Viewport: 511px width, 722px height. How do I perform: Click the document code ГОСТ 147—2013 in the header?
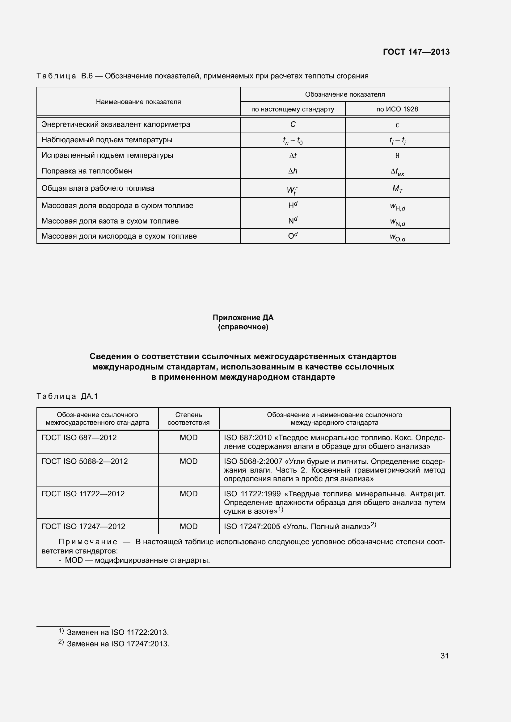(416, 52)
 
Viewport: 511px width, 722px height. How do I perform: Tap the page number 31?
(444, 656)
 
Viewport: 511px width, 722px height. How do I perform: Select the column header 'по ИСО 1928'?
(397, 109)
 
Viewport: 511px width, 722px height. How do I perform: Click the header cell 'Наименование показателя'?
(138, 102)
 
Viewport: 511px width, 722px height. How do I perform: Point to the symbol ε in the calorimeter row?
(397, 125)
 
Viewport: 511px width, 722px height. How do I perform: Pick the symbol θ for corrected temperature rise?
(397, 156)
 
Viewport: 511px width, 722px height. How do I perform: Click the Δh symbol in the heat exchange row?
(293, 171)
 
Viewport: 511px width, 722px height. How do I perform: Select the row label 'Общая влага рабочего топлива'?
(98, 188)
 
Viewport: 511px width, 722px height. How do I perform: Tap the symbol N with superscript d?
(293, 221)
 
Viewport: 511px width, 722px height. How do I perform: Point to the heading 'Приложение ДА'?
(243, 318)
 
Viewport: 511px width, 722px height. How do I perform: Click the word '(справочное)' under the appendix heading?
(243, 327)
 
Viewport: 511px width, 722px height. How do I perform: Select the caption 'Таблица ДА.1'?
(67, 396)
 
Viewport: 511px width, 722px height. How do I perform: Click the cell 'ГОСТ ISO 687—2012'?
(79, 437)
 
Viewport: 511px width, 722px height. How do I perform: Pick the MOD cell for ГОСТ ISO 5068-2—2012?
(188, 461)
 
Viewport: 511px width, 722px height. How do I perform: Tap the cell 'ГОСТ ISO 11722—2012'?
(83, 494)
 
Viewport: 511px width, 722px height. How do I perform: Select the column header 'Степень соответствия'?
(188, 419)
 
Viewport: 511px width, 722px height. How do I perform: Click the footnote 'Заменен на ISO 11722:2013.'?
(118, 632)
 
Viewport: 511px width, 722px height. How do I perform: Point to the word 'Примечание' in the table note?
(88, 542)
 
